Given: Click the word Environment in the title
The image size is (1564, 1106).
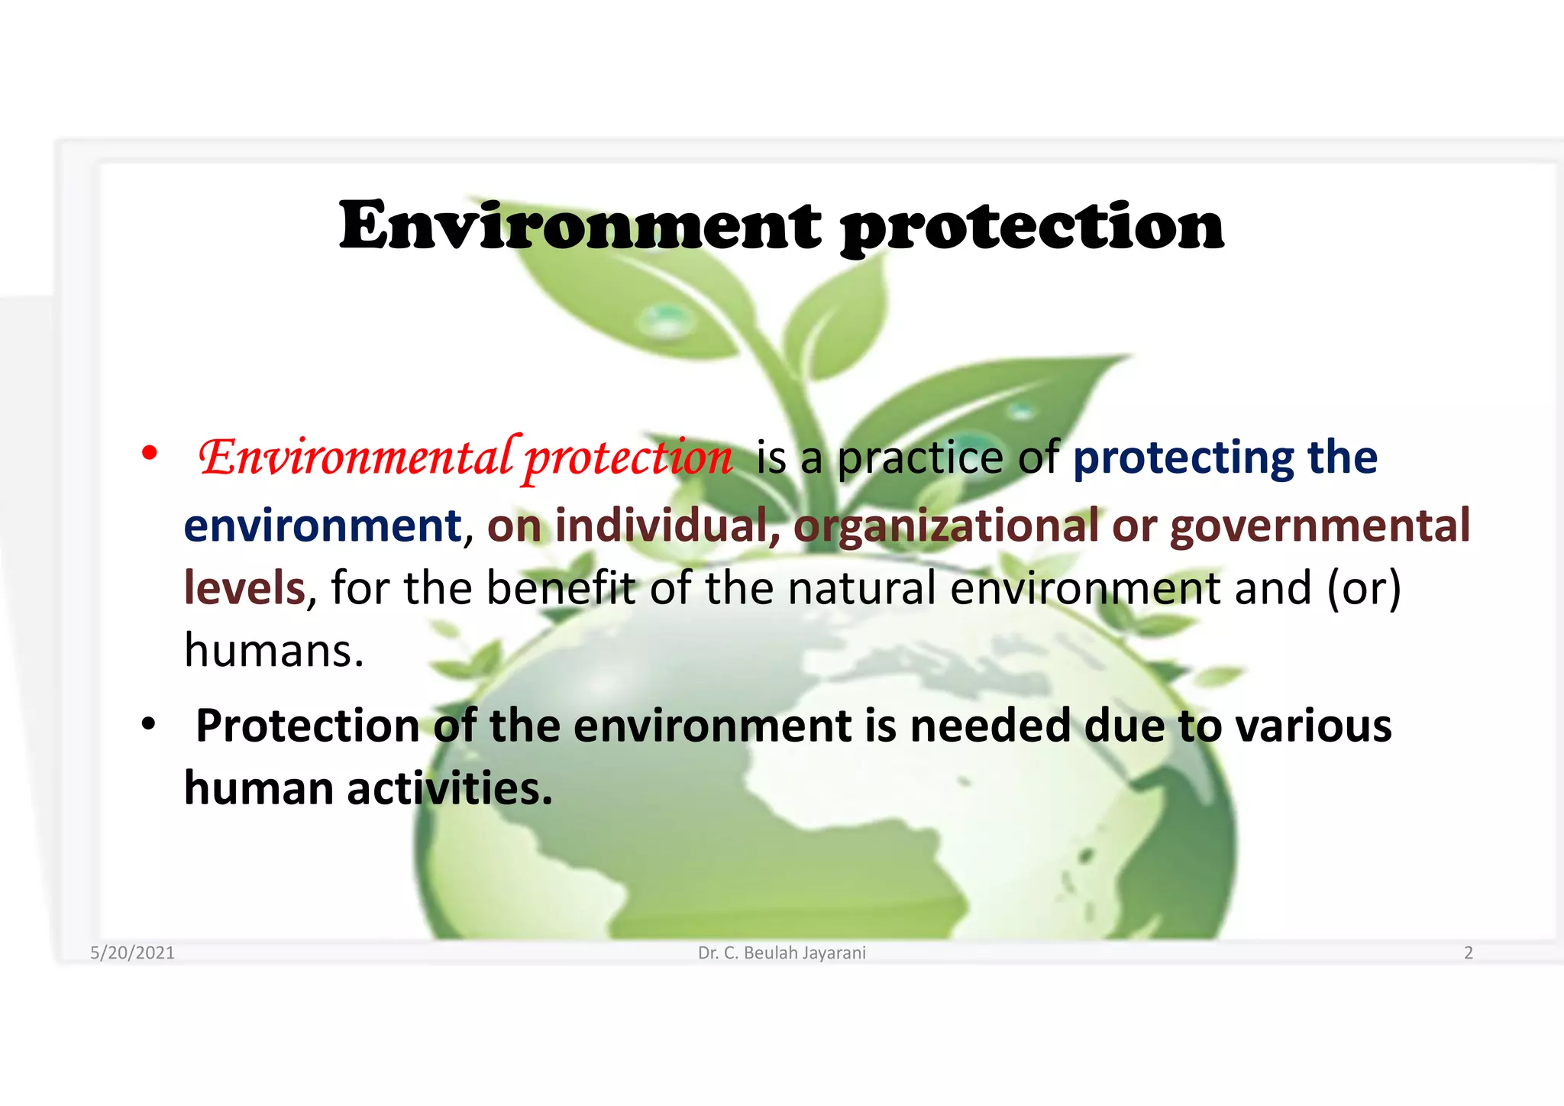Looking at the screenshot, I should tap(580, 225).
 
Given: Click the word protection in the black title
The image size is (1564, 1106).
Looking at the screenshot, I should tap(1032, 227).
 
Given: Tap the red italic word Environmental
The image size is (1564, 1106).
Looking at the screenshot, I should tap(355, 458).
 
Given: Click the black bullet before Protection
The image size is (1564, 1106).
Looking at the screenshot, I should tap(149, 723).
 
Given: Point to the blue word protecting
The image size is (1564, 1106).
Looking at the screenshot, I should tap(1183, 458).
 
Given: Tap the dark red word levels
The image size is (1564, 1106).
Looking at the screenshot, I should tap(244, 587).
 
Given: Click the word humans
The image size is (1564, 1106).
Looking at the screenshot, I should tap(273, 650).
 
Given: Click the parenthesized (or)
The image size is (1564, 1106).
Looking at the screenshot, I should tap(1364, 587).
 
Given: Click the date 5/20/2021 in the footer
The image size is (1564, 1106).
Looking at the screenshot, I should tap(132, 952).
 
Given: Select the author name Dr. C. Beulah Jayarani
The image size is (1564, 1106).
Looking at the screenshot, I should tap(782, 952).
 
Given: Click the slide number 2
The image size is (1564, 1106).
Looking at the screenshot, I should tap(1468, 952).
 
